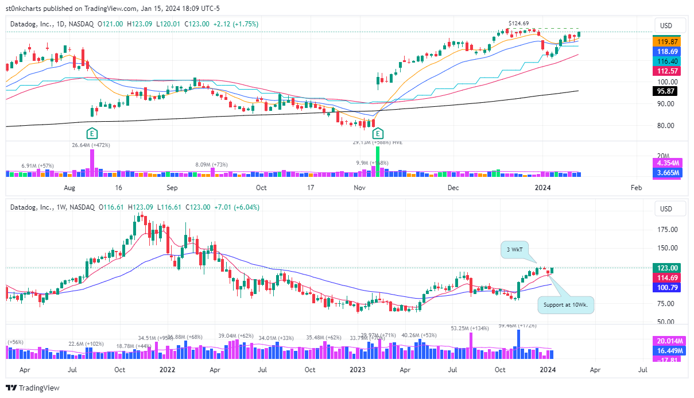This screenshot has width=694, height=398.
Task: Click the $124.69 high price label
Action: tap(518, 23)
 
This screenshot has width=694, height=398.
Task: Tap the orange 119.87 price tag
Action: tap(666, 42)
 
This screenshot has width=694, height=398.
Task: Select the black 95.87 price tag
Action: tap(666, 91)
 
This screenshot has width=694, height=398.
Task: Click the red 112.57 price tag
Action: tap(666, 71)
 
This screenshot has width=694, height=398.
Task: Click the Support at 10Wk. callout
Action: tap(565, 304)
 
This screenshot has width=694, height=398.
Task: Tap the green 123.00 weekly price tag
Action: tap(666, 268)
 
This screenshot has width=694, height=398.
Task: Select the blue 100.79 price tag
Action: tap(666, 288)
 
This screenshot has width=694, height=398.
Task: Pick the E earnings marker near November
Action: tap(378, 134)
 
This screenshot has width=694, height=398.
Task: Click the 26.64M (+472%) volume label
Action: tap(91, 145)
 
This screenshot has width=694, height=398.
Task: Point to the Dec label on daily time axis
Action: tap(453, 188)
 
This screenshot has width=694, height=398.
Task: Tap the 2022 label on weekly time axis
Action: tap(168, 370)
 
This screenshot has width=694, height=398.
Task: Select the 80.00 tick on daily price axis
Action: tap(666, 126)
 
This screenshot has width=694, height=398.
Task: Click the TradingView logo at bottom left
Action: tap(33, 388)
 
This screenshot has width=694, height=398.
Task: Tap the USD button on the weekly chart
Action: tap(666, 208)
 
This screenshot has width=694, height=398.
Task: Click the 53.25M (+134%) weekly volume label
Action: tap(470, 329)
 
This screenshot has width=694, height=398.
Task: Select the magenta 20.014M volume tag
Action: tap(666, 341)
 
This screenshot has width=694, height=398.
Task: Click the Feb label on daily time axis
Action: tap(636, 188)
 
